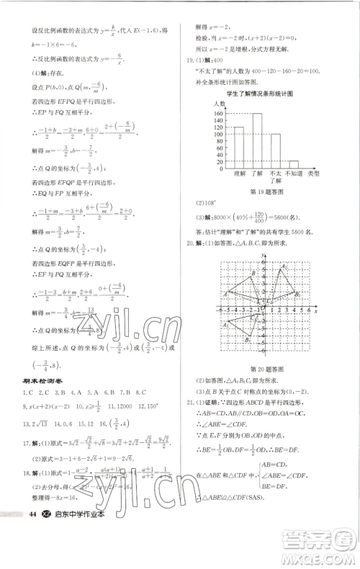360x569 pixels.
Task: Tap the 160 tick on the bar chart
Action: click(216, 114)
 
